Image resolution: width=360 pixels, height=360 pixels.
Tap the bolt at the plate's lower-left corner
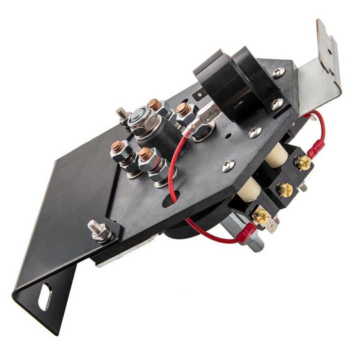coord(99,231)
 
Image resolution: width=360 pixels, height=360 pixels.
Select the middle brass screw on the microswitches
coord(285,190)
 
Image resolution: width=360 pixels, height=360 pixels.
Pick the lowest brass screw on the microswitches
coord(260,216)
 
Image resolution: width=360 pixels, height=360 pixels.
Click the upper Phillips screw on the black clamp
coord(278,72)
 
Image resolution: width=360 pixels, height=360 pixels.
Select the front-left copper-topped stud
coord(117,148)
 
